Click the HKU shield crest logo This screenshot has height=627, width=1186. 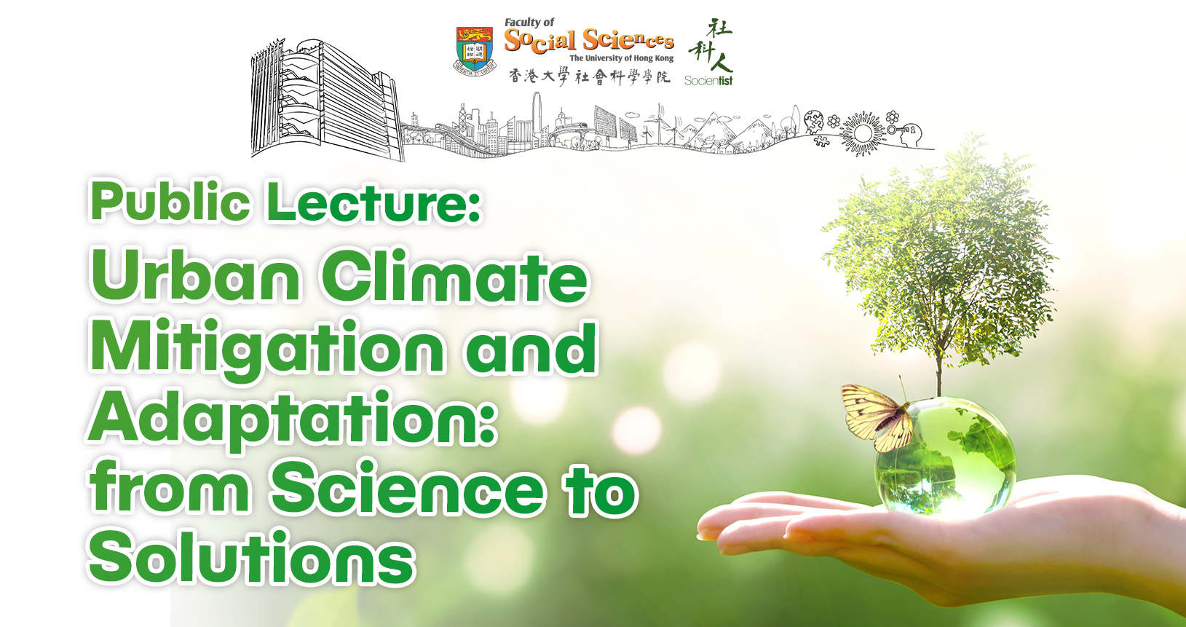pyautogui.click(x=475, y=50)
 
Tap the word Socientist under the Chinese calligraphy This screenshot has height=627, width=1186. pyautogui.click(x=708, y=81)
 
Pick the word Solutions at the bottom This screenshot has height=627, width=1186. pyautogui.click(x=252, y=557)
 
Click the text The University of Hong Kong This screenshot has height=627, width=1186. pyautogui.click(x=622, y=58)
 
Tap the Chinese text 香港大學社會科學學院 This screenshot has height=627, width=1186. pyautogui.click(x=589, y=76)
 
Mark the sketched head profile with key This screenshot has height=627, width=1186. pyautogui.click(x=907, y=133)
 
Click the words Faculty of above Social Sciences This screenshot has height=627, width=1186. pyautogui.click(x=529, y=23)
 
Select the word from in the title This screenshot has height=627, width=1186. pyautogui.click(x=170, y=486)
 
